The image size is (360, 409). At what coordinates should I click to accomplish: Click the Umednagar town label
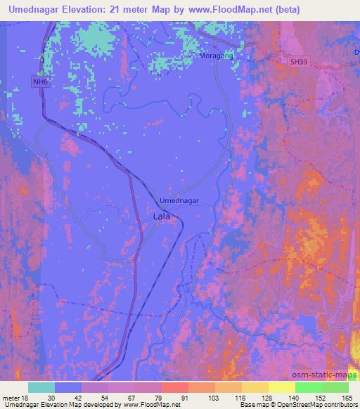179,200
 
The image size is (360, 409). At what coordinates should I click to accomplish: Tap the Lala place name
160,217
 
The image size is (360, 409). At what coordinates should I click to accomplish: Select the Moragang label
217,56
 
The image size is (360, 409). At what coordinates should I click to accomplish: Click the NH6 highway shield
40,82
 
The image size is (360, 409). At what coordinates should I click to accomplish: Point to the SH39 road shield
299,62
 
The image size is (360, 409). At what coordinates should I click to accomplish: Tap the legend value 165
347,397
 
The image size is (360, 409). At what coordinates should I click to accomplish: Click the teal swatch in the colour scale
41,387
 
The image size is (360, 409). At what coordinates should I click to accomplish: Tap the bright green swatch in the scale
309,387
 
